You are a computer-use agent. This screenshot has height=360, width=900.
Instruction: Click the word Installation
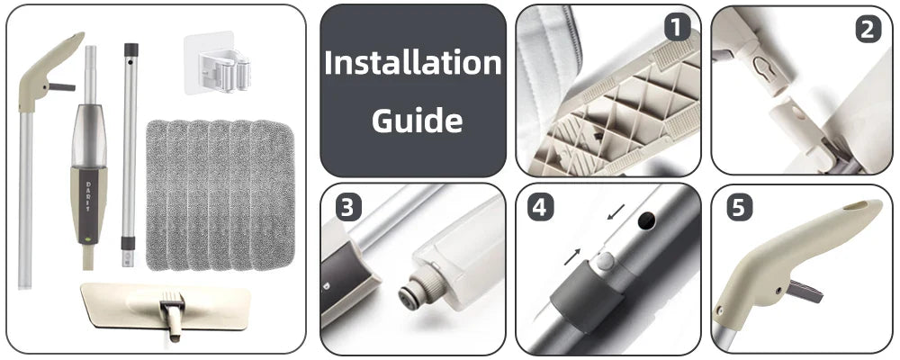(x=413, y=63)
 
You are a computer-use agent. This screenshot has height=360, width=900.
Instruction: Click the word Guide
(x=417, y=120)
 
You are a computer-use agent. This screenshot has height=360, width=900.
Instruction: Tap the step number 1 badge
(x=678, y=26)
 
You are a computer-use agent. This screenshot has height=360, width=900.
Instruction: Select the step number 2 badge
(x=868, y=30)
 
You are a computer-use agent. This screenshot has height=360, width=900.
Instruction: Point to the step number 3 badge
(x=347, y=207)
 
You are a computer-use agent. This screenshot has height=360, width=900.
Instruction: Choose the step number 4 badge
(x=540, y=207)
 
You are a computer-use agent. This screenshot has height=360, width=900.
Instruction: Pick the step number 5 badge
(x=739, y=208)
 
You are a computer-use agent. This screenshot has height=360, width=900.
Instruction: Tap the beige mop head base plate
(x=166, y=309)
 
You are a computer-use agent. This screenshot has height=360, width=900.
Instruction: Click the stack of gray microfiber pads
(x=220, y=194)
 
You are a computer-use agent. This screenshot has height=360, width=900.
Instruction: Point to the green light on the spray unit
(x=88, y=237)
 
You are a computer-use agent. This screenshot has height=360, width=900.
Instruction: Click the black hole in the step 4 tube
(x=647, y=219)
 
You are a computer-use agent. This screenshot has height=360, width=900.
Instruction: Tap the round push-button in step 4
(x=604, y=261)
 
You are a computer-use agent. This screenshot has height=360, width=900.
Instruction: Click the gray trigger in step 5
(x=804, y=292)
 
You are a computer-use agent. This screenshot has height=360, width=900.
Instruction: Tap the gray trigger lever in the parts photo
(x=61, y=87)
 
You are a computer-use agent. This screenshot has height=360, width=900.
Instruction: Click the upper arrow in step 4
(x=616, y=211)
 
